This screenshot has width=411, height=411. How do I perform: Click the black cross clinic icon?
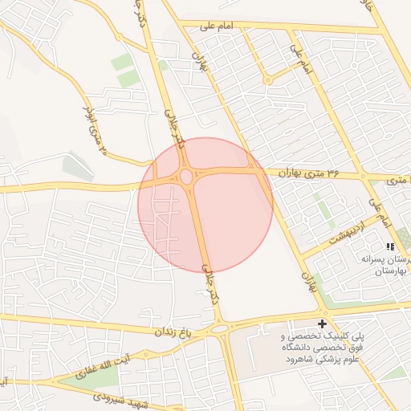tap(323, 324)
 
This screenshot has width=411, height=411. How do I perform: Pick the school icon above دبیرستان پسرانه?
tap(389, 246)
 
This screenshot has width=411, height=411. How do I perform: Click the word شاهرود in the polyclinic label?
tap(300, 358)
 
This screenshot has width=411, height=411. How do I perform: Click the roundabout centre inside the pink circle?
tap(185, 176)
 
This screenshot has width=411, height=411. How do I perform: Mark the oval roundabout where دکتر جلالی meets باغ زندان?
tap(218, 328)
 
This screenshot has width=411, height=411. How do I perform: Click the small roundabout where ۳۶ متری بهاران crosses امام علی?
tap(363, 175)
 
